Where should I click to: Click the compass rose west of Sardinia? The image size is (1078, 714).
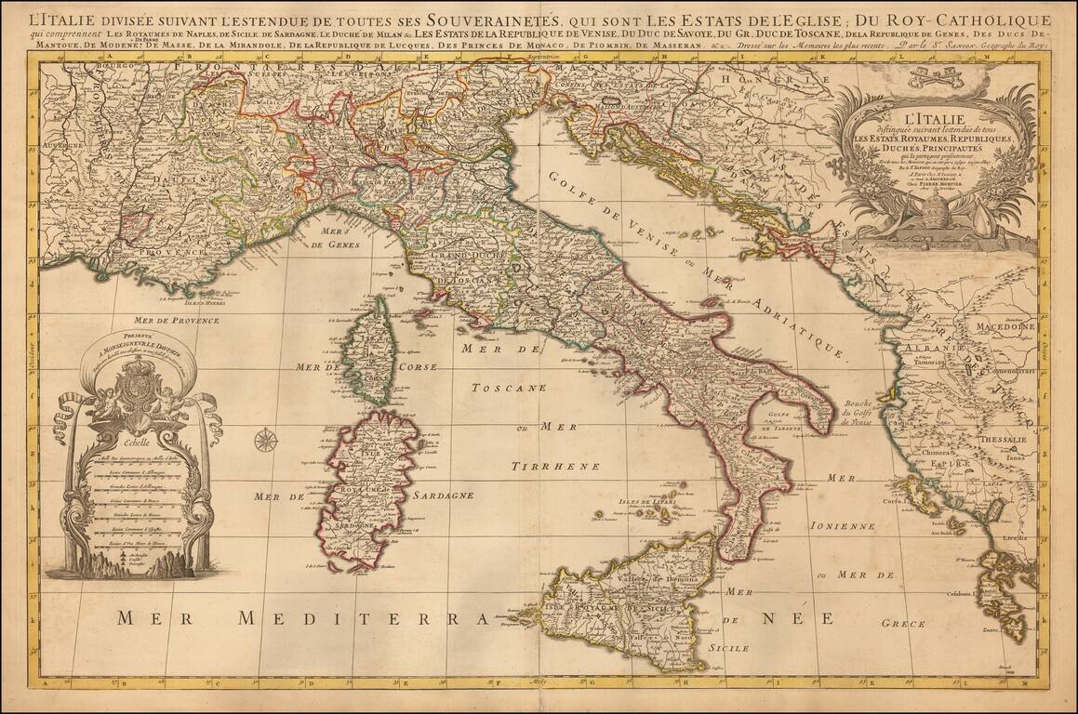point(267,439)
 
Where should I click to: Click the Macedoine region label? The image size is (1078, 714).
point(1005,327)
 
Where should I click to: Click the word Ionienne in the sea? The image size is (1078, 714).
point(843,525)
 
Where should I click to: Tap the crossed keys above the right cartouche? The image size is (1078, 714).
point(935,75)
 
